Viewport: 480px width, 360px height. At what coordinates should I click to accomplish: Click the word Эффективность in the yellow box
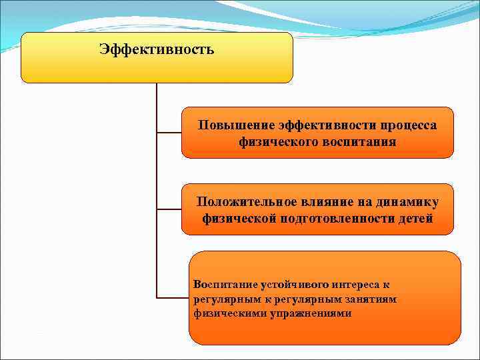tap(157, 50)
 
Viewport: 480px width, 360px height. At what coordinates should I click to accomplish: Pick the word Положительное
tap(241, 201)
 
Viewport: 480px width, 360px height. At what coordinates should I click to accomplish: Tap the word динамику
tap(405, 201)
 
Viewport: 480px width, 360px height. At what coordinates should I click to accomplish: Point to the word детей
tap(413, 218)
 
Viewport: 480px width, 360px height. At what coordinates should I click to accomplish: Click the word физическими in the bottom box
tap(225, 313)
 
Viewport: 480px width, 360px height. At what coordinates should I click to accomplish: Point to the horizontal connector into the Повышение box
tap(169, 133)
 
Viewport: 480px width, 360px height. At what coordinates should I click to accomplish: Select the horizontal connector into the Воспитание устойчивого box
tap(173, 297)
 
